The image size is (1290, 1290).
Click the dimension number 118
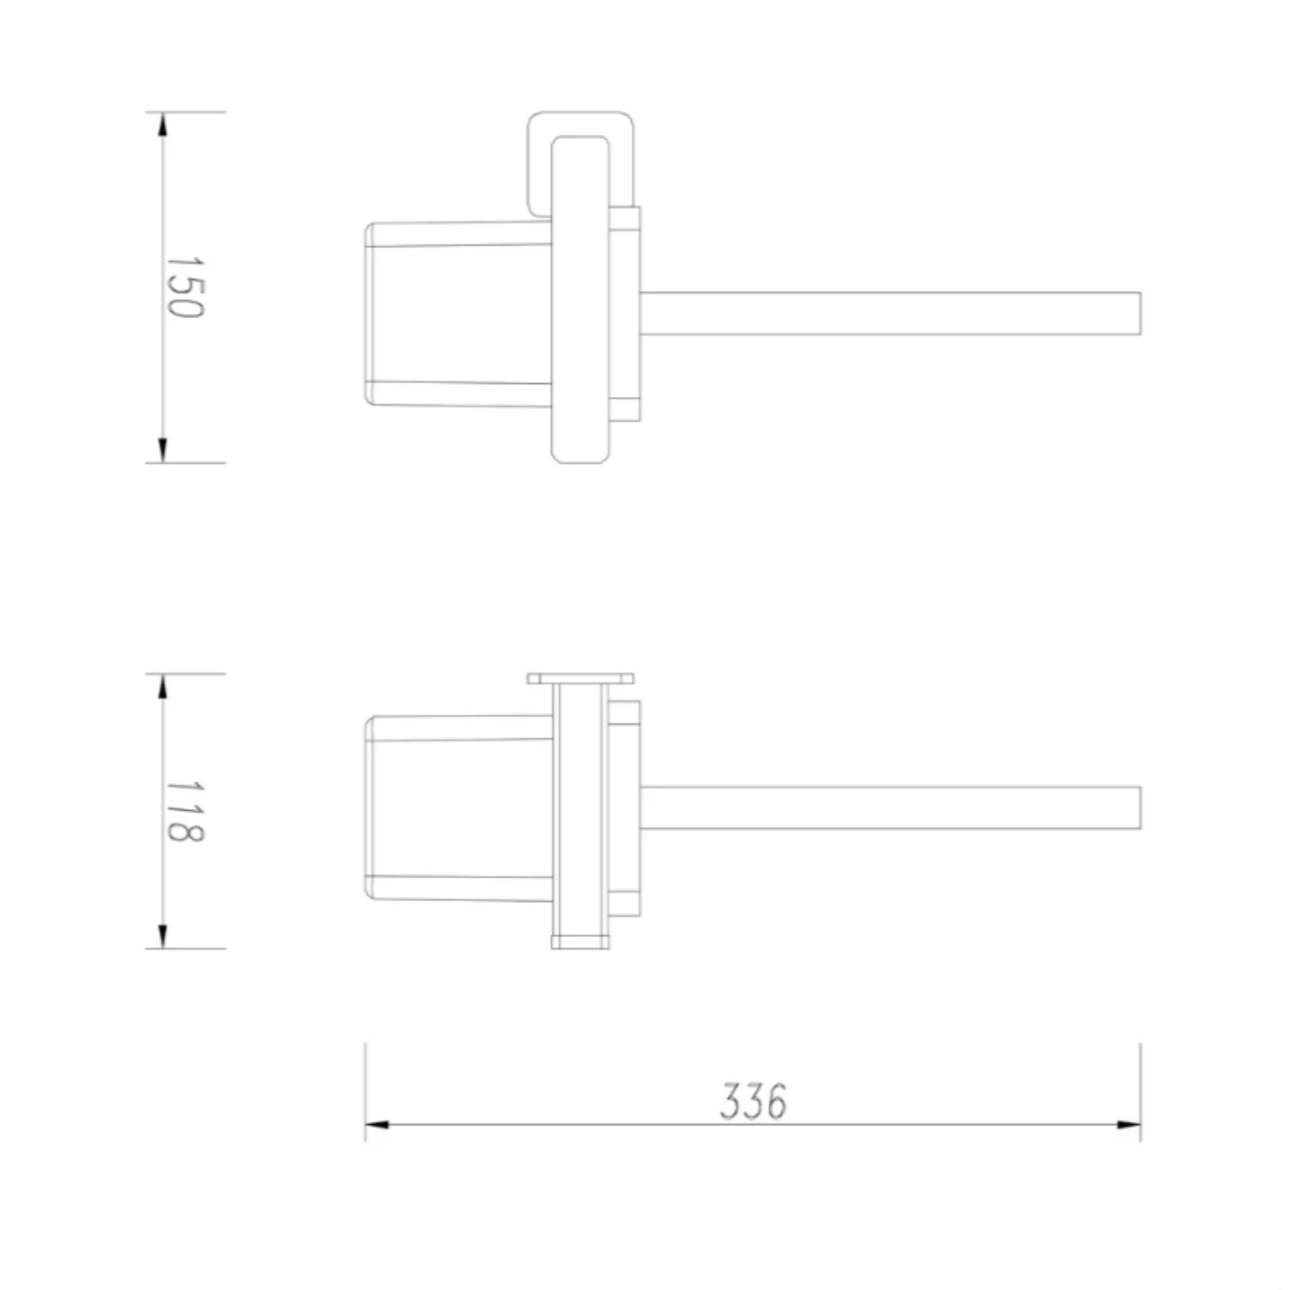pos(184,811)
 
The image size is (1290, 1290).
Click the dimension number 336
pos(754,1102)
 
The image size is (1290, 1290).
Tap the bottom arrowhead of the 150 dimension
pos(162,450)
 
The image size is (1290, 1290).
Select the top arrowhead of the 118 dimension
pos(162,686)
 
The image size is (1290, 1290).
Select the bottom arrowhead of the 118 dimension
pos(162,936)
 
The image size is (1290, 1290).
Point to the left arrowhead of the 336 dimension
pos(377,1125)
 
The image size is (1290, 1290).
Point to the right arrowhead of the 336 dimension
pos(1128,1125)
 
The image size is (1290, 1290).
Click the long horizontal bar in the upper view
pos(891,313)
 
